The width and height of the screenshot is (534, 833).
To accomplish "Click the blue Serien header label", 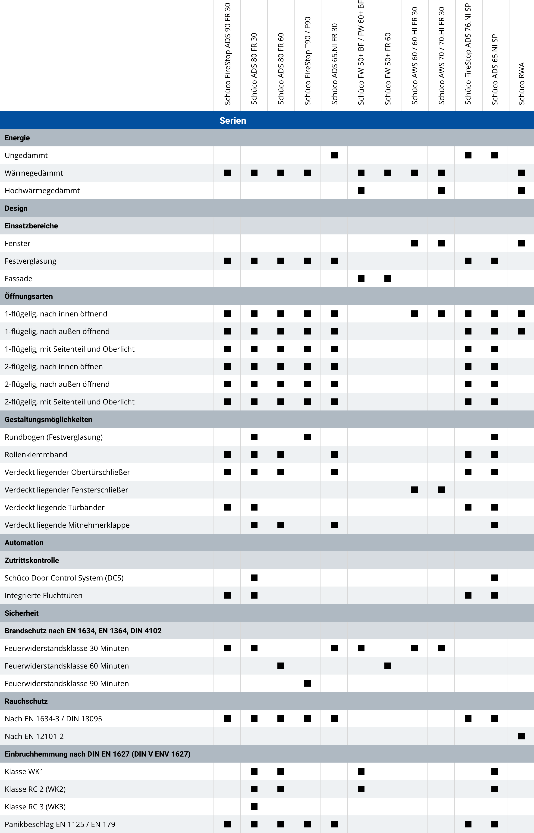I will (233, 120).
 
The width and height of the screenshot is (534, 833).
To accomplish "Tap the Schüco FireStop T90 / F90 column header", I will (308, 61).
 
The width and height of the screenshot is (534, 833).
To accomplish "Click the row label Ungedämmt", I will (26, 155).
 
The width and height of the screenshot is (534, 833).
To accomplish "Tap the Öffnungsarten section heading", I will (29, 296).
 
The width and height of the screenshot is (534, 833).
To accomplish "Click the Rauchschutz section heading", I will (26, 701).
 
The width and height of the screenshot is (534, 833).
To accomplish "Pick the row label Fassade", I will (18, 278).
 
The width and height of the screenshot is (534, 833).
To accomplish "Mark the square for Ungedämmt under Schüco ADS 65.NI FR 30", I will (334, 155).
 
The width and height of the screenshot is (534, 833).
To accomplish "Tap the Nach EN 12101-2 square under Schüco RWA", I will (521, 736).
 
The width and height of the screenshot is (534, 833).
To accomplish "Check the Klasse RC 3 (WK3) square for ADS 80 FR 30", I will (254, 807).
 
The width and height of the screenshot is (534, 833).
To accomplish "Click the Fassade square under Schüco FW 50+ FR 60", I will (388, 278).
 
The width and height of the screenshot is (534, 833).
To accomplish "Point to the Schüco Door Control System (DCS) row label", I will (64, 578).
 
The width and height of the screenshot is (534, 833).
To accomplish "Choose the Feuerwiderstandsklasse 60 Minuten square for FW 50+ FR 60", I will (388, 666).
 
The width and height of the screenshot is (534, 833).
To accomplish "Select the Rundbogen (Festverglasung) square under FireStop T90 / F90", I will (308, 437).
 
